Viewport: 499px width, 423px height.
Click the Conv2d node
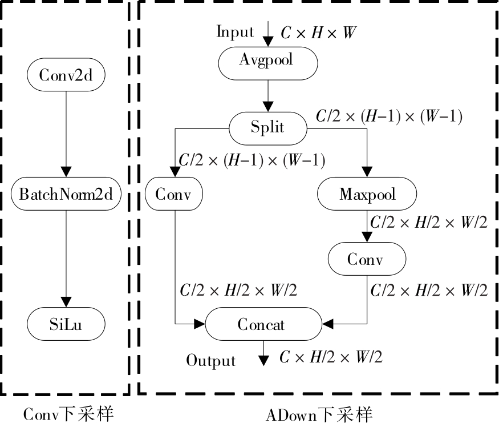coord(66,74)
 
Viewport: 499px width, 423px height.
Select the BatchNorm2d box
coord(66,195)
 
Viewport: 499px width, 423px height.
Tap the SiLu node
coord(66,323)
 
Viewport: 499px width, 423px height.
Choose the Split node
coord(267,127)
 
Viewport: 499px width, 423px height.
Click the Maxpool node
coord(367,195)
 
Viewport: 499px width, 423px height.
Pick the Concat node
coord(262,324)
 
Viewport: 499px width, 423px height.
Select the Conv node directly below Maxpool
coord(367,260)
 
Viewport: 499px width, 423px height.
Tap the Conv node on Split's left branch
coord(174,195)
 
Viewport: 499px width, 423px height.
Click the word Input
coord(235,31)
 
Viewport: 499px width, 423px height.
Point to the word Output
coord(211,361)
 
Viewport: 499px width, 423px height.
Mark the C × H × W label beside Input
coord(319,33)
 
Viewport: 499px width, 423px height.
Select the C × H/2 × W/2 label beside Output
coord(331,358)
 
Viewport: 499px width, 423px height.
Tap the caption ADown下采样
coord(319,413)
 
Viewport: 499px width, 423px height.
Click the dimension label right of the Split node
coord(389,117)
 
